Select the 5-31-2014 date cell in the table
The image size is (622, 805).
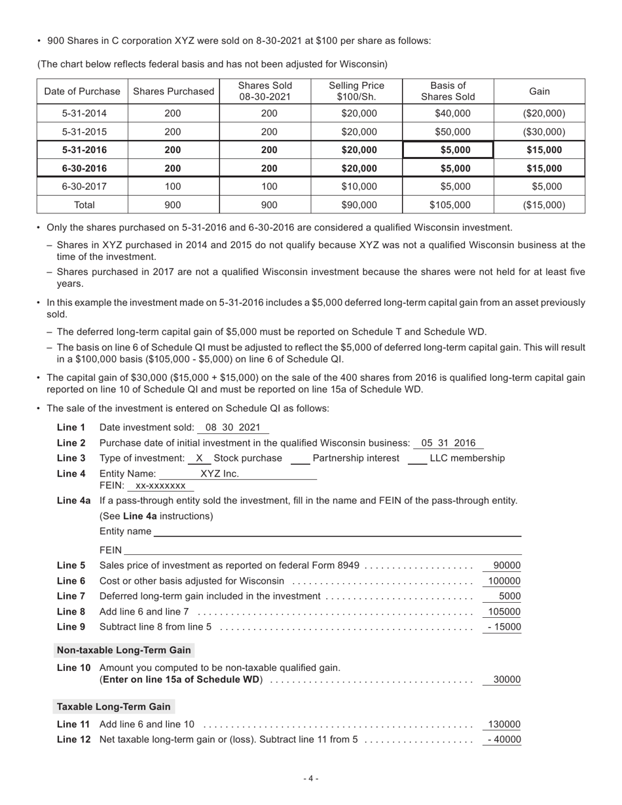click(x=82, y=113)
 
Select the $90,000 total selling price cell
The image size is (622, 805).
click(x=359, y=205)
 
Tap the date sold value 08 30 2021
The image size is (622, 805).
click(x=232, y=427)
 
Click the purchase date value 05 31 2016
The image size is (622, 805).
click(x=448, y=443)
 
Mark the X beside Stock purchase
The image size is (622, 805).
click(x=199, y=458)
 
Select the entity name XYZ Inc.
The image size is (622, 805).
click(x=219, y=474)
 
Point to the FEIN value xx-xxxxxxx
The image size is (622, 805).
click(x=160, y=486)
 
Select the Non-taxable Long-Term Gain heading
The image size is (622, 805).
click(x=124, y=650)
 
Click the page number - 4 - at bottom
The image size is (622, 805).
click(x=311, y=778)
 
